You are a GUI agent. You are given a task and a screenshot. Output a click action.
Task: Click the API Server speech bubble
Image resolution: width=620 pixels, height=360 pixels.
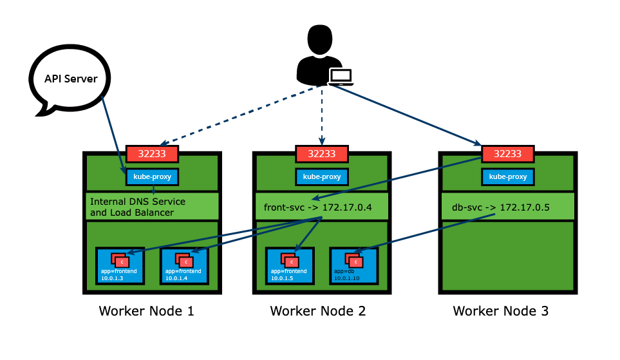coord(70,80)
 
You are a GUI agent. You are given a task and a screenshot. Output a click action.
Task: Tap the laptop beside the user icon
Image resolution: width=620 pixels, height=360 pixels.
coord(341,77)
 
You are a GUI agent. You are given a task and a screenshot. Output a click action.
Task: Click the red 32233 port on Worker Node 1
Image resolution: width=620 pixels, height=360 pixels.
coord(151,154)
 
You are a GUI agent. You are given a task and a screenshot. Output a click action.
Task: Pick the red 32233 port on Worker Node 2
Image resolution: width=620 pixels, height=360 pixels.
coord(322,154)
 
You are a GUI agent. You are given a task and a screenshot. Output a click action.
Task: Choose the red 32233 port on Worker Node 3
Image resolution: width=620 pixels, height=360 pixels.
coord(507,154)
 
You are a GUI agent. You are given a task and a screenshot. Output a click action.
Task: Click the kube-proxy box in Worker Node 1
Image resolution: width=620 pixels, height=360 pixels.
coord(151,176)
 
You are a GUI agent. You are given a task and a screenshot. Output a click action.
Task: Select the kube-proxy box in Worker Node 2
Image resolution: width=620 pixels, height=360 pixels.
coord(322,176)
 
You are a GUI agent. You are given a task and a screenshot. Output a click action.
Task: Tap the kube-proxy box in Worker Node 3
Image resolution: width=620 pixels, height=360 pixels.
coord(507,176)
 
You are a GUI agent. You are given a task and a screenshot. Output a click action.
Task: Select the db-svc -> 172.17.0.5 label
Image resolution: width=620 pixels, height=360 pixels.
coord(496,207)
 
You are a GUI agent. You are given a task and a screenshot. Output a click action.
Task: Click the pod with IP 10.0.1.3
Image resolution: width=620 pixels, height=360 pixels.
coord(120,266)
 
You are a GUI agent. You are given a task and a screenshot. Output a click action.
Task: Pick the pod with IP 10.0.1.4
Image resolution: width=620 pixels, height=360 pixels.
coord(183,266)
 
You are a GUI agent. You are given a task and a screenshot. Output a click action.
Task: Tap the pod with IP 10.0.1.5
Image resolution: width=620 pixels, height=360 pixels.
coord(290,266)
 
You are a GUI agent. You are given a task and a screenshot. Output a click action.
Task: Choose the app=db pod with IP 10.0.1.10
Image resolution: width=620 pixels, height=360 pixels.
coord(353,266)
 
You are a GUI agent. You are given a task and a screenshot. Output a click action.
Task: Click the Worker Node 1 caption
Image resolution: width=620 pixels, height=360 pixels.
coord(146,312)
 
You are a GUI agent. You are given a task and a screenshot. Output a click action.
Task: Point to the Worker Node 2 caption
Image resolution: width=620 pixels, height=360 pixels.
coord(318,312)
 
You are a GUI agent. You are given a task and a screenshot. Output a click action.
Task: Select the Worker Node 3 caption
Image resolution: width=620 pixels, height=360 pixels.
coord(501,312)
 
